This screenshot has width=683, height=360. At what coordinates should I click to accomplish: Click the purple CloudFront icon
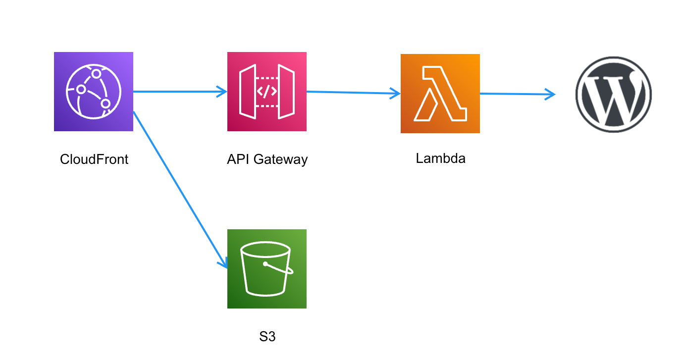(93, 92)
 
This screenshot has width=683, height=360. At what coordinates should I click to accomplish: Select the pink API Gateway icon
(266, 92)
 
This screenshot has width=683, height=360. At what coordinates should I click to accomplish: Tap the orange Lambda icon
(440, 94)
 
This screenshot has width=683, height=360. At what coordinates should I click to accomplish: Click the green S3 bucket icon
(266, 269)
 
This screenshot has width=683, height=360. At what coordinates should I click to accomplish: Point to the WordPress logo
(613, 94)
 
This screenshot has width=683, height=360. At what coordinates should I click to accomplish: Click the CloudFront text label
(94, 159)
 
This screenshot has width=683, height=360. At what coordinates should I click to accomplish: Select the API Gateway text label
(267, 159)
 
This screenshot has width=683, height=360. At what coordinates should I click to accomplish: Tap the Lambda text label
(441, 158)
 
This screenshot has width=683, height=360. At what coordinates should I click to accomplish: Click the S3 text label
(267, 337)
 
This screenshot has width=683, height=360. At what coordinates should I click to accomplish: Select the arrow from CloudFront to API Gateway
(178, 92)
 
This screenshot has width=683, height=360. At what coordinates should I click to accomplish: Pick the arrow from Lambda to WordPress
(515, 94)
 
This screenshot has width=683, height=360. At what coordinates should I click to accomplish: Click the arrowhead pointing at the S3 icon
(223, 262)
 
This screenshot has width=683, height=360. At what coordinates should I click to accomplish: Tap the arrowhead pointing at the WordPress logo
(550, 94)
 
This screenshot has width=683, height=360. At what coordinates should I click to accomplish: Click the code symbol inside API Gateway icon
(266, 92)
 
